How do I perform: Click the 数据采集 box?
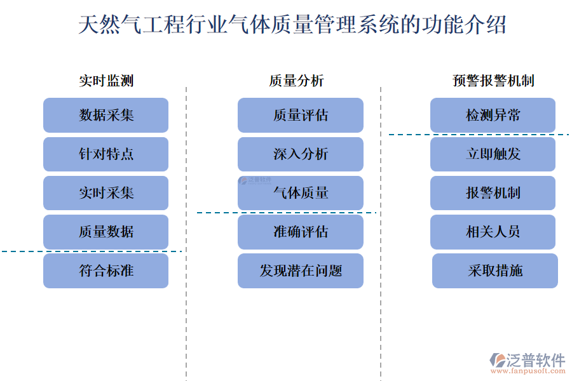(106, 115)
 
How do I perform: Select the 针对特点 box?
(106, 154)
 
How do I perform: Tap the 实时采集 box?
(106, 193)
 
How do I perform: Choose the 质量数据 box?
(106, 232)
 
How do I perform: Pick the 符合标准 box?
(106, 271)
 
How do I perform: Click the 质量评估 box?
(301, 115)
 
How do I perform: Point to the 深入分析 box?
(301, 154)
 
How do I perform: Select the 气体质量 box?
(301, 193)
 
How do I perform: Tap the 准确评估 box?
(301, 232)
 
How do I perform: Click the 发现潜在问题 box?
(301, 271)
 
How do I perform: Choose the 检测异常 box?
(493, 115)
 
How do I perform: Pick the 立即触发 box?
(493, 154)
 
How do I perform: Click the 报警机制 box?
(493, 193)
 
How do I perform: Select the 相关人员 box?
(493, 232)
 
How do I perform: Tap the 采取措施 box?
(495, 271)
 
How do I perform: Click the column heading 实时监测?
(106, 81)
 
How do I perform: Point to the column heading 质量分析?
(296, 81)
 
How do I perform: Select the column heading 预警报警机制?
(493, 81)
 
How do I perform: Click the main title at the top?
(292, 25)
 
